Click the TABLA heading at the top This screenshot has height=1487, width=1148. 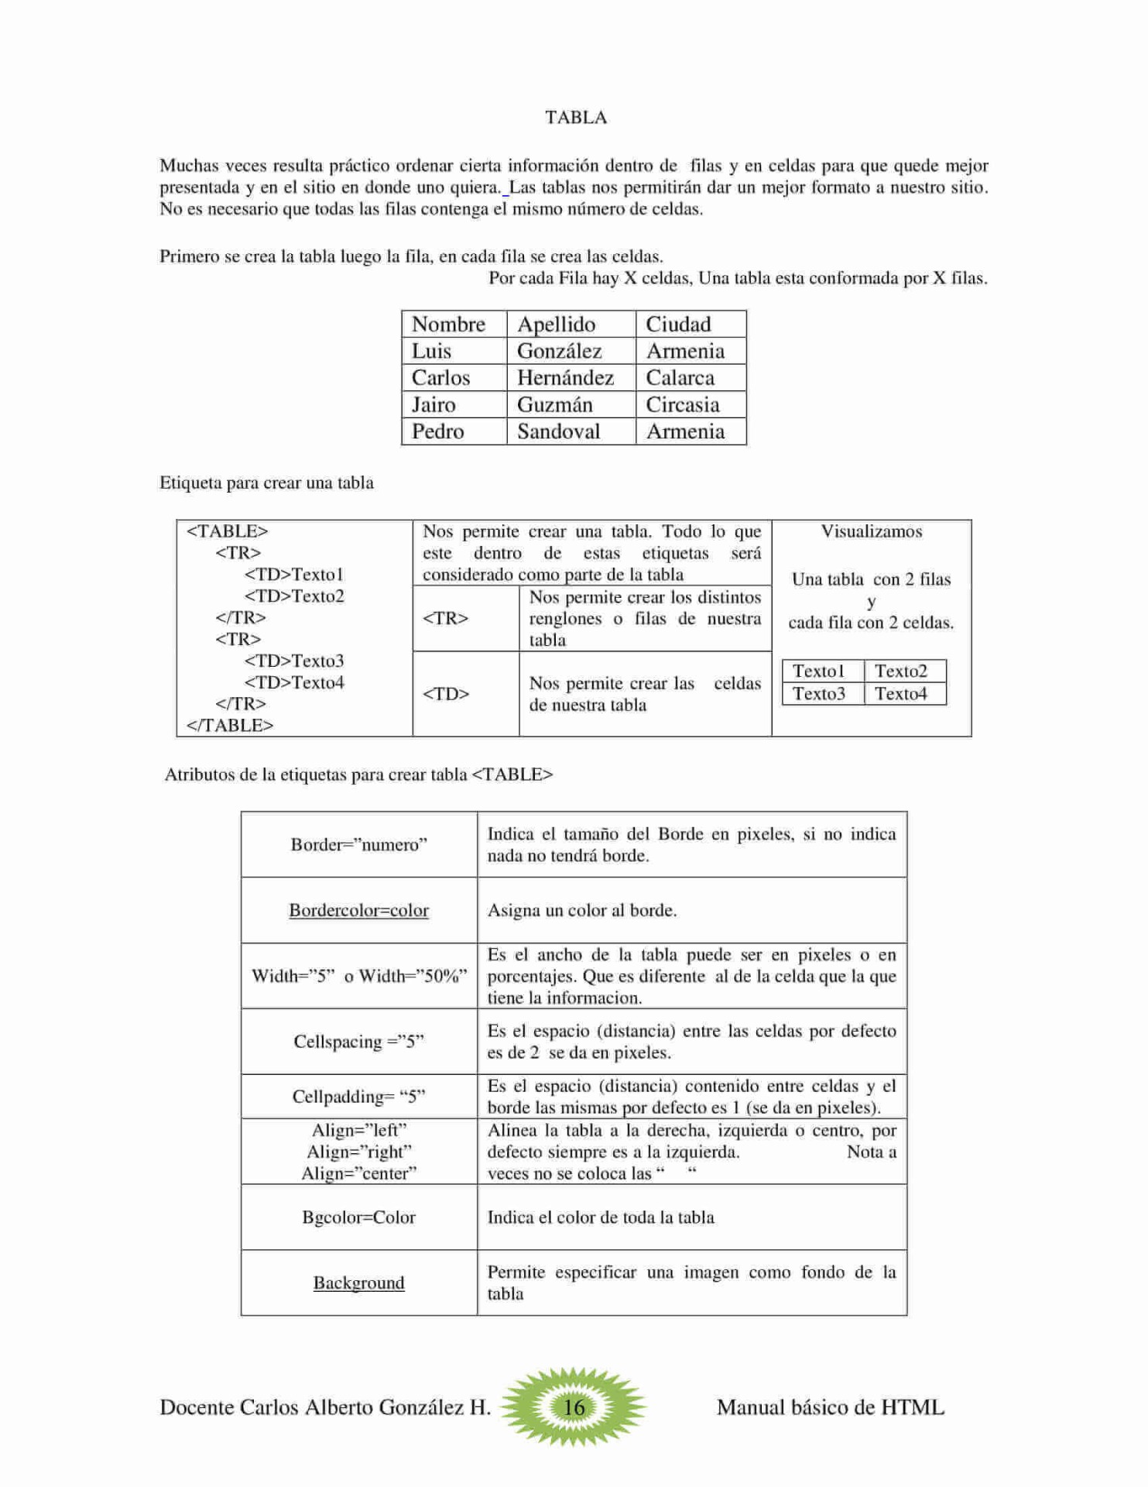[576, 118]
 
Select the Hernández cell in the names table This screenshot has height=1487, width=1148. [565, 378]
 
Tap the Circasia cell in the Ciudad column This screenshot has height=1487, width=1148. [682, 405]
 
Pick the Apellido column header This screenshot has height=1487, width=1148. [556, 325]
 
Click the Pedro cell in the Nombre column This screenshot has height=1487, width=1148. [437, 431]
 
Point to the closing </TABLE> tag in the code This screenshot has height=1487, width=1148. [230, 726]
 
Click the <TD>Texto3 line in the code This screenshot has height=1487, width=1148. [294, 661]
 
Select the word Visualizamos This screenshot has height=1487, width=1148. [871, 531]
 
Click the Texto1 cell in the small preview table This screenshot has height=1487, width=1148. [818, 671]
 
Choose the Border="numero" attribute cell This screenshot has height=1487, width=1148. [359, 845]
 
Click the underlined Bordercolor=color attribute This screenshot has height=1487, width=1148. [359, 911]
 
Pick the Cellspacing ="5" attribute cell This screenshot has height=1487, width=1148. [359, 1042]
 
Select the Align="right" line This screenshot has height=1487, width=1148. [359, 1152]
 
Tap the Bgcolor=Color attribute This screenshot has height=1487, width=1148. [359, 1217]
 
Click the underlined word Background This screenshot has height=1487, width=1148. [359, 1283]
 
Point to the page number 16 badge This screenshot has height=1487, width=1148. [574, 1406]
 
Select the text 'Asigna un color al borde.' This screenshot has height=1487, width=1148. [582, 911]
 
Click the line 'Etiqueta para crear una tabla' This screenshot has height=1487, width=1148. [266, 483]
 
